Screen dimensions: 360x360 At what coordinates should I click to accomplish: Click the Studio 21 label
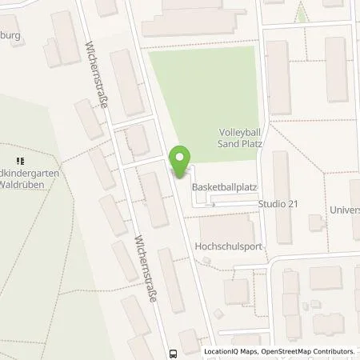(278, 204)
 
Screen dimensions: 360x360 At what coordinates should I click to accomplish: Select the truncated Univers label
(345, 210)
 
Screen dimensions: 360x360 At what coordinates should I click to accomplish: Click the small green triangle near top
(302, 13)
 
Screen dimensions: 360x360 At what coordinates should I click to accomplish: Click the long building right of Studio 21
(281, 180)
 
